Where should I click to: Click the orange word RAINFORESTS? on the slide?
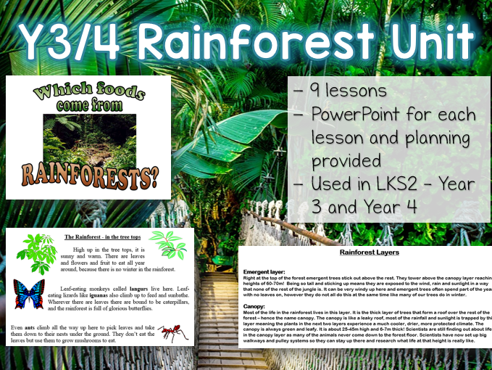click(x=88, y=174)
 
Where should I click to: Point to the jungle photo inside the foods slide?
click(x=88, y=135)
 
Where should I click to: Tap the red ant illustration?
click(x=174, y=333)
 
